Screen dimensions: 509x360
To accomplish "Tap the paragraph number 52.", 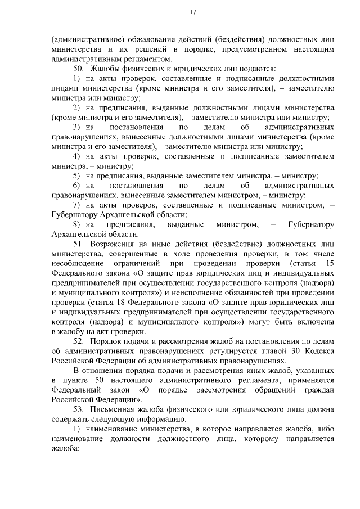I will [x=78, y=343].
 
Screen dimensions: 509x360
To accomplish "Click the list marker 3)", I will [x=76, y=127].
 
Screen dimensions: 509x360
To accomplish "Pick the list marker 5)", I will [x=76, y=176].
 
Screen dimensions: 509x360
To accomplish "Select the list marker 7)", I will [x=76, y=205].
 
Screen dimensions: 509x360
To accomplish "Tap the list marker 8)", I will [x=76, y=224].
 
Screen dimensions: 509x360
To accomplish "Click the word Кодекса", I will [x=318, y=352].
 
